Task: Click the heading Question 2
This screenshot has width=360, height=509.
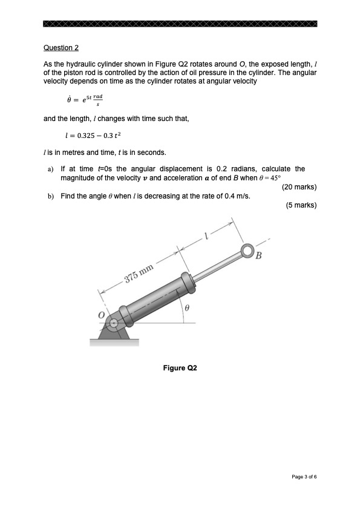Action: click(x=61, y=48)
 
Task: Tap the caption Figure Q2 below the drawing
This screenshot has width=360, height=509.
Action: click(x=180, y=367)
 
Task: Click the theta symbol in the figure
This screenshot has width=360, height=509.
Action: click(x=188, y=308)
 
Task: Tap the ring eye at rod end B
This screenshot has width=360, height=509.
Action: click(x=247, y=251)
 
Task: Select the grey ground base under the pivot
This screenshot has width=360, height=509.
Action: click(x=114, y=343)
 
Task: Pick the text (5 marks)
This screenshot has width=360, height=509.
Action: click(x=301, y=205)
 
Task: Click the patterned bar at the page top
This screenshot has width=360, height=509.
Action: click(x=180, y=24)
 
